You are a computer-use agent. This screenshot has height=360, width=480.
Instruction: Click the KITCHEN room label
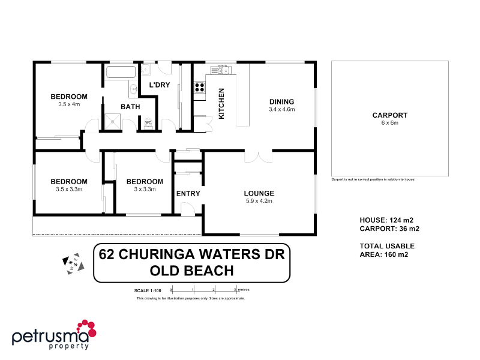221,104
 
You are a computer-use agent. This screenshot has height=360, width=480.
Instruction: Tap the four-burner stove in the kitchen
200,88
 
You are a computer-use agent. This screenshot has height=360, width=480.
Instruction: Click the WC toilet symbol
148,123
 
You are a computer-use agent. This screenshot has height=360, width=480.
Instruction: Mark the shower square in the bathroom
112,122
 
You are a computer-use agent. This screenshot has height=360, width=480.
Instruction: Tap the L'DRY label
160,85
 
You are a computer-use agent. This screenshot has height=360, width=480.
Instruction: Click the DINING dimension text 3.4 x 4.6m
281,109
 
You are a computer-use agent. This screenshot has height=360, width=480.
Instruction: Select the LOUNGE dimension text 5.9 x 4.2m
259,201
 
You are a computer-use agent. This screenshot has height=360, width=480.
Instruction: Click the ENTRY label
188,194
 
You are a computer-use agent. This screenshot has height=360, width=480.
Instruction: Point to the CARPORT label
389,115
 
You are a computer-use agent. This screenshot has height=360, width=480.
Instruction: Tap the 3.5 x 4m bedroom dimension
69,104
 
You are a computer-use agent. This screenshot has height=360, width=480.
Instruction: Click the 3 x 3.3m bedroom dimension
145,189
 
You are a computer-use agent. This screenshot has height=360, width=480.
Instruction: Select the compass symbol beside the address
71,262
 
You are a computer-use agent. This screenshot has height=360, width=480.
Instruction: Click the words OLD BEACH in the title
191,271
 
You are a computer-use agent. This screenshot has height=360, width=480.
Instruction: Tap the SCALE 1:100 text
148,290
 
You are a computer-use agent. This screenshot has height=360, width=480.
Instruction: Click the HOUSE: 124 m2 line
386,220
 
